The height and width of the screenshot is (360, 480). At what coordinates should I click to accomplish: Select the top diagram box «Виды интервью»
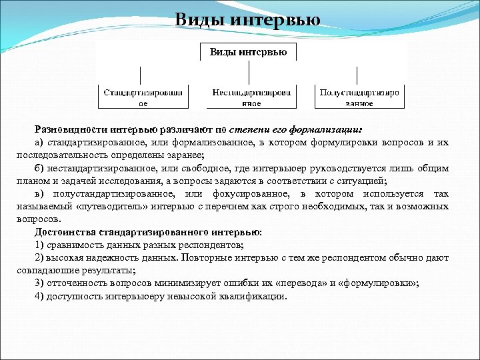pos(249,52)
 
